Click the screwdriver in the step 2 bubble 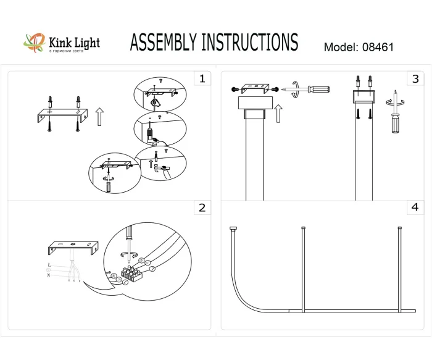click(x=130, y=237)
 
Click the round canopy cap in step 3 click(x=254, y=103)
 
